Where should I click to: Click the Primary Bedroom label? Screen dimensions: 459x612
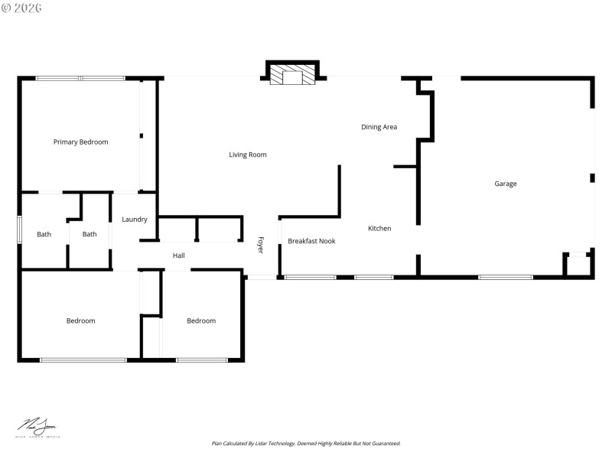pos(80,142)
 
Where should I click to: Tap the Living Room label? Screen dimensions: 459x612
pos(248,155)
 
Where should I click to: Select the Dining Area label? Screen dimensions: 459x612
pos(379,127)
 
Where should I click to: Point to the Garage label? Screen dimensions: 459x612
pos(505,184)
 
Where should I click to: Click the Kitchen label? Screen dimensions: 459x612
pos(379,229)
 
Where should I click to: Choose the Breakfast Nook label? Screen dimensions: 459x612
pos(311,242)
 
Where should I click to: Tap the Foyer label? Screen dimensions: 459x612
pos(260,245)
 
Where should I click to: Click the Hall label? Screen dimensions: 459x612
pos(178,256)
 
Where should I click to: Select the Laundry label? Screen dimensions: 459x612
pos(135,220)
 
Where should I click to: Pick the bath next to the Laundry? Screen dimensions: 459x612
pos(90,234)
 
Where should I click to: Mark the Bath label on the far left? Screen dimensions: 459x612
pos(44,234)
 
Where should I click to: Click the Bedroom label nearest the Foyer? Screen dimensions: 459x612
pos(201,321)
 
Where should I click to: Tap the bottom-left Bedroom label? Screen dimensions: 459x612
pos(80,321)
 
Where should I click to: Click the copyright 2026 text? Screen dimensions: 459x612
pos(22,8)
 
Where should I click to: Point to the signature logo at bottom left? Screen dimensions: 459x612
pos(37,426)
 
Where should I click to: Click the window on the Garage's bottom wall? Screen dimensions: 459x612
pos(505,276)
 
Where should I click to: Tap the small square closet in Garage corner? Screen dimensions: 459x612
pos(578,265)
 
